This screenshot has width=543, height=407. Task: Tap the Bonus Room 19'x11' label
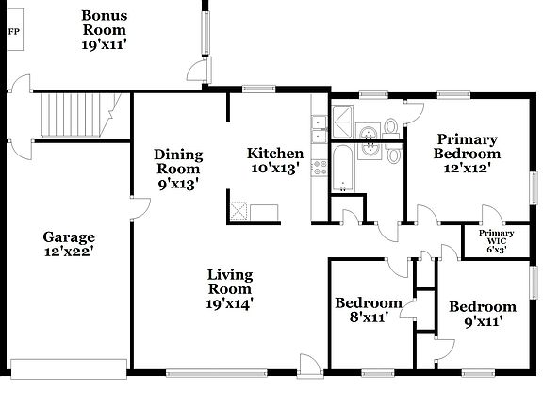(x=104, y=29)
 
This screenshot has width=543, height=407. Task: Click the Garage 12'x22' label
(x=68, y=245)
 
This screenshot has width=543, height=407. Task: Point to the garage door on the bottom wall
(x=67, y=366)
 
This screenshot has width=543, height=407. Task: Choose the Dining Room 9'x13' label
(x=177, y=170)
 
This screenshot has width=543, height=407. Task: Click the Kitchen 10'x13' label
(x=274, y=161)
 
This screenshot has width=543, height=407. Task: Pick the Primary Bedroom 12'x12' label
(x=467, y=154)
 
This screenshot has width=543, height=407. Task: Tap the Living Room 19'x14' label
(x=229, y=288)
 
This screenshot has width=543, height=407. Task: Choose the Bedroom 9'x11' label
(x=482, y=314)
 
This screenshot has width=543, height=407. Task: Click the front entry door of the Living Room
(x=309, y=366)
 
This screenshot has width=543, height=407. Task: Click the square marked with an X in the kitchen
(x=239, y=212)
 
